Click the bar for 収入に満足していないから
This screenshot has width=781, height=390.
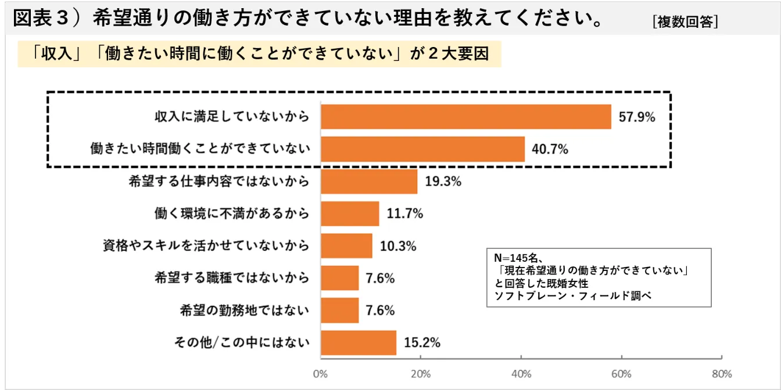pos(465,117)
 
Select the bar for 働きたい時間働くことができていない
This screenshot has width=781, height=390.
pos(422,149)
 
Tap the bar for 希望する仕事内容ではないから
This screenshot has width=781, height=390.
pos(369,182)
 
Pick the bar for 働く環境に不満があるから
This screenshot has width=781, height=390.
pos(350,214)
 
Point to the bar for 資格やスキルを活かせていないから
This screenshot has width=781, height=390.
pos(346,245)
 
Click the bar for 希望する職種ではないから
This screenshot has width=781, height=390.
pos(340,278)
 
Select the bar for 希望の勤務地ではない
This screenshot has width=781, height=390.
pos(340,310)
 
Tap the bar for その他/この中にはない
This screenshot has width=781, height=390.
pos(359,342)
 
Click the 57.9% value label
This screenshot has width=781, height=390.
pos(637,117)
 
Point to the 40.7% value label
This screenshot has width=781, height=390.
pos(550,149)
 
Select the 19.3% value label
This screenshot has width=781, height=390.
pos(443,182)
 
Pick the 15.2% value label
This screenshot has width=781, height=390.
pos(422,342)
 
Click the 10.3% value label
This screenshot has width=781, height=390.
pos(398,246)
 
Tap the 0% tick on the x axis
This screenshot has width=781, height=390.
pos(321,373)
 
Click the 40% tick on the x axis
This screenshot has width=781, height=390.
pos(521,373)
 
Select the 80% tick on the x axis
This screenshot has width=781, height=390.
pos(722,373)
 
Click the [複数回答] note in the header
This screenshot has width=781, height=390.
pos(685,22)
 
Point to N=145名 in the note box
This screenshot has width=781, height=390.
pos(517,258)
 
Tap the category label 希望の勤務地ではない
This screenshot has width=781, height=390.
pos(245,310)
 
